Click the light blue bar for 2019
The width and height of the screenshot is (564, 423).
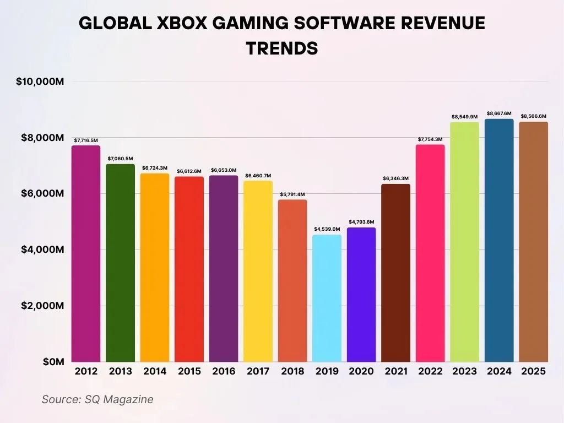[x=327, y=298]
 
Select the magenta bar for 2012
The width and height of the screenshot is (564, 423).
[x=86, y=253]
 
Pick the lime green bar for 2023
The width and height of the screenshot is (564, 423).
[x=464, y=242]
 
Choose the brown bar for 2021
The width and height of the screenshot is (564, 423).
[x=395, y=273]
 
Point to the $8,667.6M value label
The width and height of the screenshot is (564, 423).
[x=499, y=113]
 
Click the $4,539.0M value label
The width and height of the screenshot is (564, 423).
[x=327, y=229]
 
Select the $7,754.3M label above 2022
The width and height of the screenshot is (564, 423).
[x=430, y=139]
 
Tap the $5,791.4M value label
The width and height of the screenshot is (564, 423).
[x=292, y=194]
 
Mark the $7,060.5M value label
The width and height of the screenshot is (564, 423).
[x=120, y=159]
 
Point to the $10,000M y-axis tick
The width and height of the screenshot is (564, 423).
[x=40, y=82]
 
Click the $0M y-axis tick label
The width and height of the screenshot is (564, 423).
[x=53, y=362]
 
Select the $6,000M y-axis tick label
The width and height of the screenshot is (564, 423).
[x=43, y=194]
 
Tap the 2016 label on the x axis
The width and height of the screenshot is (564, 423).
[x=223, y=372]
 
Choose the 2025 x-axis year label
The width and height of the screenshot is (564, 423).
[x=533, y=372]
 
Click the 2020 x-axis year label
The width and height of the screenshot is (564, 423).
[x=361, y=372]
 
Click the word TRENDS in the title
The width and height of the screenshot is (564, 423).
[x=282, y=48]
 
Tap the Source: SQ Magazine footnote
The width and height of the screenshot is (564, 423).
[x=97, y=399]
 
